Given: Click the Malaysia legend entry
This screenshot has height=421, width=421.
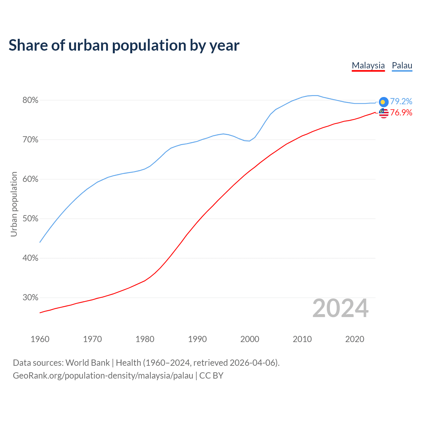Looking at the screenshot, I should tap(368, 65).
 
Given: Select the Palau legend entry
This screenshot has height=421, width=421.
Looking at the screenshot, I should tap(402, 65).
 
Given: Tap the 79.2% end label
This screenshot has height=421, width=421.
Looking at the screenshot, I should tap(401, 101).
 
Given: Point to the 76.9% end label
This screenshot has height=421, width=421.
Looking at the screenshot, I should tap(401, 112).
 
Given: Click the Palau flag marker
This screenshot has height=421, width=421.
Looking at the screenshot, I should tap(384, 102).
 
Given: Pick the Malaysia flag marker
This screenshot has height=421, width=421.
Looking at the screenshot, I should tap(384, 113).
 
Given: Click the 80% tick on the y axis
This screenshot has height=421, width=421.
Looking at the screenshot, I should tap(30, 100).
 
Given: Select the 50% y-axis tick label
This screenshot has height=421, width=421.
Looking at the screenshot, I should tap(30, 219).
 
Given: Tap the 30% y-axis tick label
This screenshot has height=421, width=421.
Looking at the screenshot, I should tap(30, 298).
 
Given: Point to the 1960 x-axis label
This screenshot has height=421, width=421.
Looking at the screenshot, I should tap(40, 339).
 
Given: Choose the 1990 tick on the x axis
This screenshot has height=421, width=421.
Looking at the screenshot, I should tap(197, 339).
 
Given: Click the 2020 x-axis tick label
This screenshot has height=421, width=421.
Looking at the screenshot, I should tap(355, 339).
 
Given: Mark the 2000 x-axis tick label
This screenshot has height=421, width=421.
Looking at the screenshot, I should tap(250, 339).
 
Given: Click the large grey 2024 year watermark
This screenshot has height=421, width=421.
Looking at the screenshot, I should tap(340, 308).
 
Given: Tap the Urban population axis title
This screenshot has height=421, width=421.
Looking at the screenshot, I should tap(14, 204).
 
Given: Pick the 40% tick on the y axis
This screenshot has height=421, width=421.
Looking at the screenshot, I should tap(30, 258).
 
